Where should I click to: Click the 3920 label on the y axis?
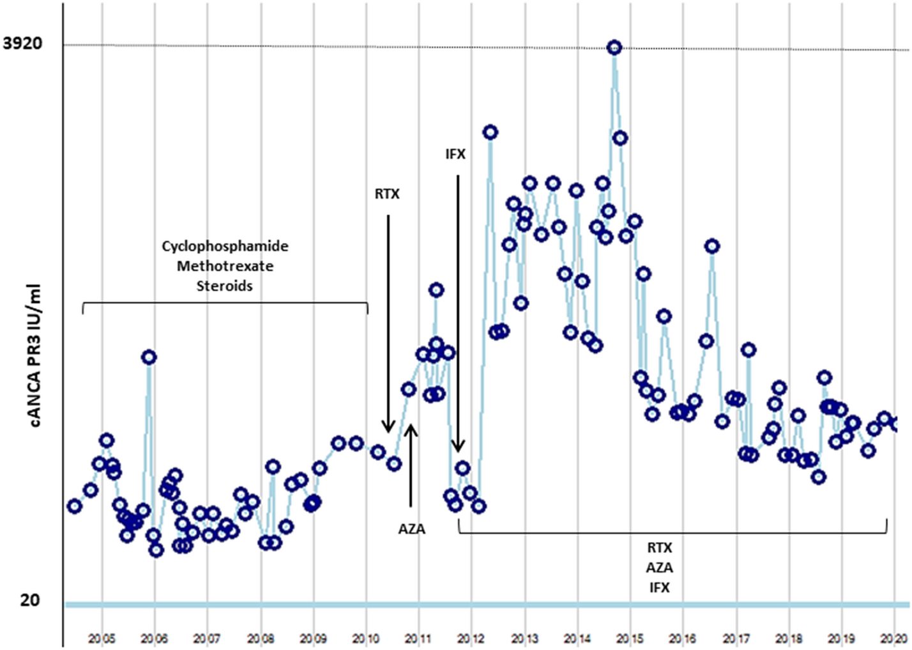(23, 43)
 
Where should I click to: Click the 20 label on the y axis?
(29, 600)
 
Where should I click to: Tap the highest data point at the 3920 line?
(614, 47)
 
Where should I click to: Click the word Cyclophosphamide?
(225, 246)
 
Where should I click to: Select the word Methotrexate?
(225, 266)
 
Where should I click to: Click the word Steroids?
(224, 286)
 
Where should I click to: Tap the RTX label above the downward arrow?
(387, 194)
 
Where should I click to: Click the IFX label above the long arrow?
(455, 154)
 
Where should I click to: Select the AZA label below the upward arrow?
(411, 529)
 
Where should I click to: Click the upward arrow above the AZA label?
(411, 467)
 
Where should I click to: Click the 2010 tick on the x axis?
(366, 638)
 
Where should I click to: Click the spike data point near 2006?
(149, 357)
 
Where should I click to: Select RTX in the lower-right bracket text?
(660, 548)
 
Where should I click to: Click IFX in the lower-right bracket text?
(660, 587)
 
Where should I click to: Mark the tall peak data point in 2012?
(490, 132)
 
